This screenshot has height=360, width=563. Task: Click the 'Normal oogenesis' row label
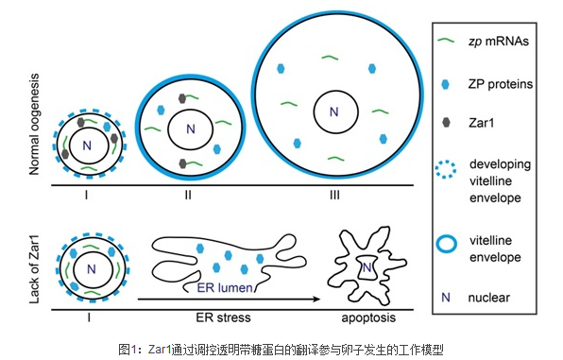[x=34, y=125]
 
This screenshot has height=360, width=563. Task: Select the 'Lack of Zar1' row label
[x=34, y=269]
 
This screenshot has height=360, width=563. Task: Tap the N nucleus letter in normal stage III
[x=334, y=112]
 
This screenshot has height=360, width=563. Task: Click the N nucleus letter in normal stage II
[x=191, y=129]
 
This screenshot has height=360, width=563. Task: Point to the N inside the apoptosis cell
[x=367, y=267]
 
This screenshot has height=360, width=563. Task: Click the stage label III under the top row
[x=334, y=195]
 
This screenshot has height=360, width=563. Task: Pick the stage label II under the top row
[x=188, y=195]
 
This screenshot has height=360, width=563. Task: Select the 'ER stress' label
[x=223, y=317]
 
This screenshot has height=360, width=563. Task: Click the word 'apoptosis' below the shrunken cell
[x=368, y=318]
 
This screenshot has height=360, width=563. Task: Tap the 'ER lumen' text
[x=225, y=288]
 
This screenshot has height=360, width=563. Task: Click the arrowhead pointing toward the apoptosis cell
[x=316, y=299]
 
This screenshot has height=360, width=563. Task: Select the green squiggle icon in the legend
[x=446, y=41]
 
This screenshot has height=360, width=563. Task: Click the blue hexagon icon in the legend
[x=445, y=84]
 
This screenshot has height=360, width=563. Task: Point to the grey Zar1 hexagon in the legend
[x=446, y=122]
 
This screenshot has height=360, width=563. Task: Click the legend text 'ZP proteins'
[x=500, y=84]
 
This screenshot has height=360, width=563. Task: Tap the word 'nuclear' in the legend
[x=488, y=298]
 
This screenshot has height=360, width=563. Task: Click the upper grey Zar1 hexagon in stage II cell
[x=182, y=98]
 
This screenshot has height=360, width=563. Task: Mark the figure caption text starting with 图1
[x=281, y=350]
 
